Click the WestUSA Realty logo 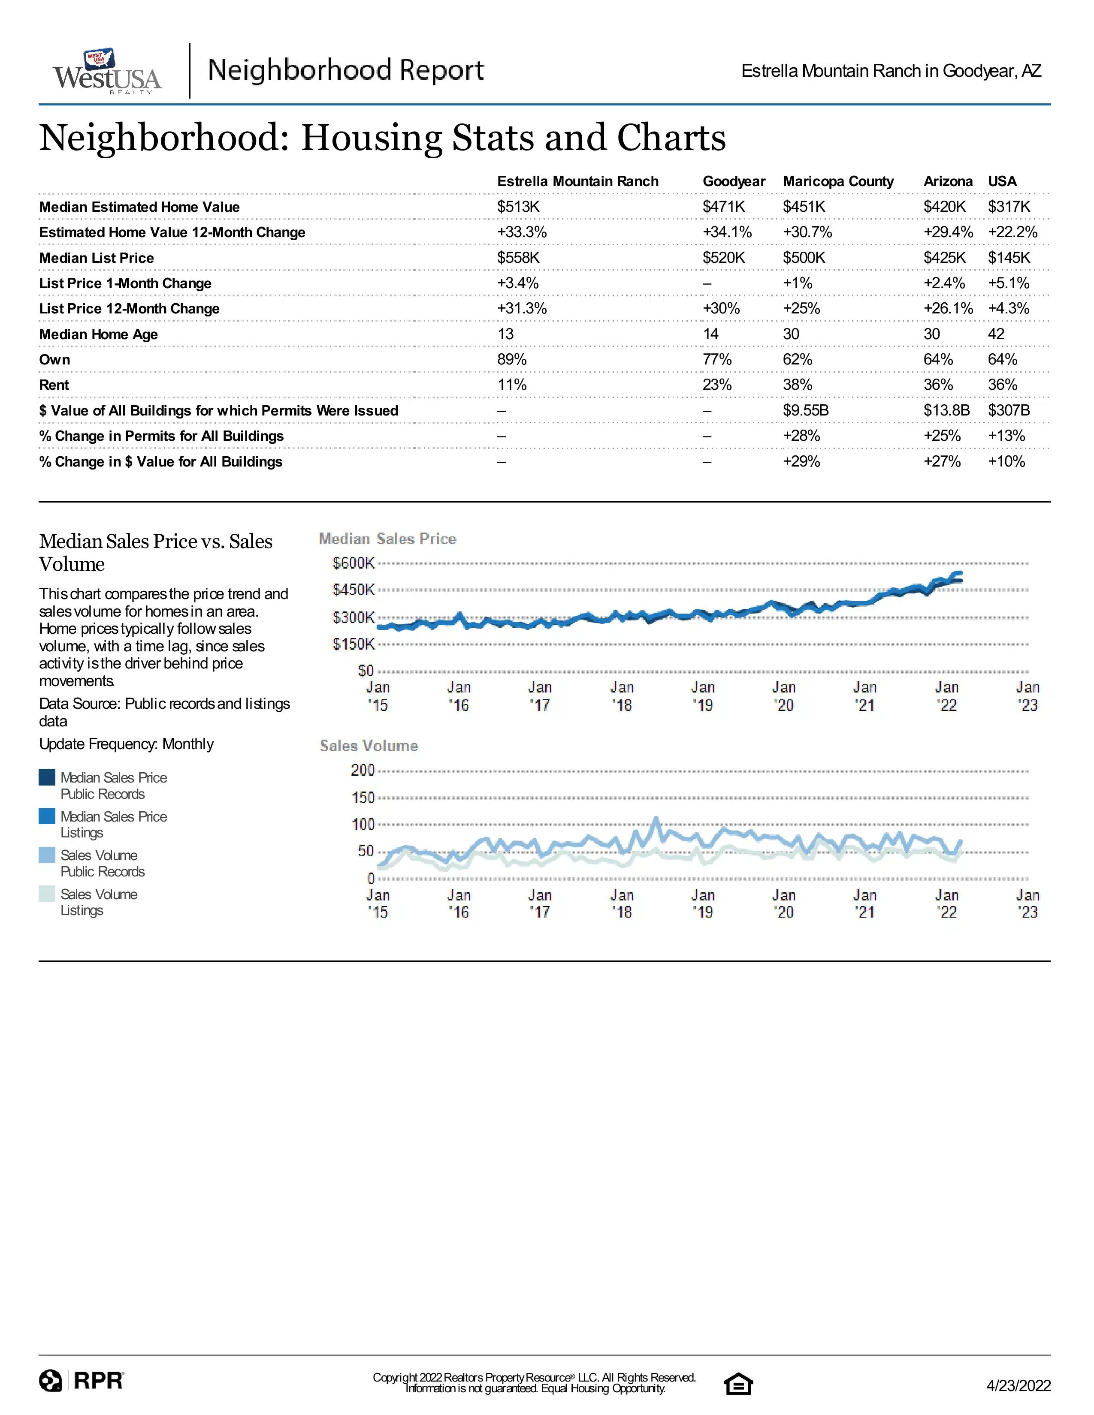click(x=107, y=71)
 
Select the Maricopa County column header click(x=838, y=181)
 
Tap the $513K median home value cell click(x=519, y=207)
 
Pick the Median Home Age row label click(x=99, y=334)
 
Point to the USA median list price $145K click(x=1009, y=258)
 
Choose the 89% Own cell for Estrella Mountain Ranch click(x=512, y=360)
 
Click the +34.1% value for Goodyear click(x=727, y=232)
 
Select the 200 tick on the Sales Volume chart click(x=363, y=771)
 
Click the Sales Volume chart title click(x=369, y=746)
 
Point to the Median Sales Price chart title click(x=387, y=539)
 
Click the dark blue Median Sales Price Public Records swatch click(x=47, y=777)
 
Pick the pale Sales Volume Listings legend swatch click(x=47, y=894)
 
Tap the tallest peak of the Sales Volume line click(x=656, y=819)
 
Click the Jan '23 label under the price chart click(x=1027, y=696)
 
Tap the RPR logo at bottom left click(x=81, y=1381)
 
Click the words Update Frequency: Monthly click(x=127, y=744)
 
